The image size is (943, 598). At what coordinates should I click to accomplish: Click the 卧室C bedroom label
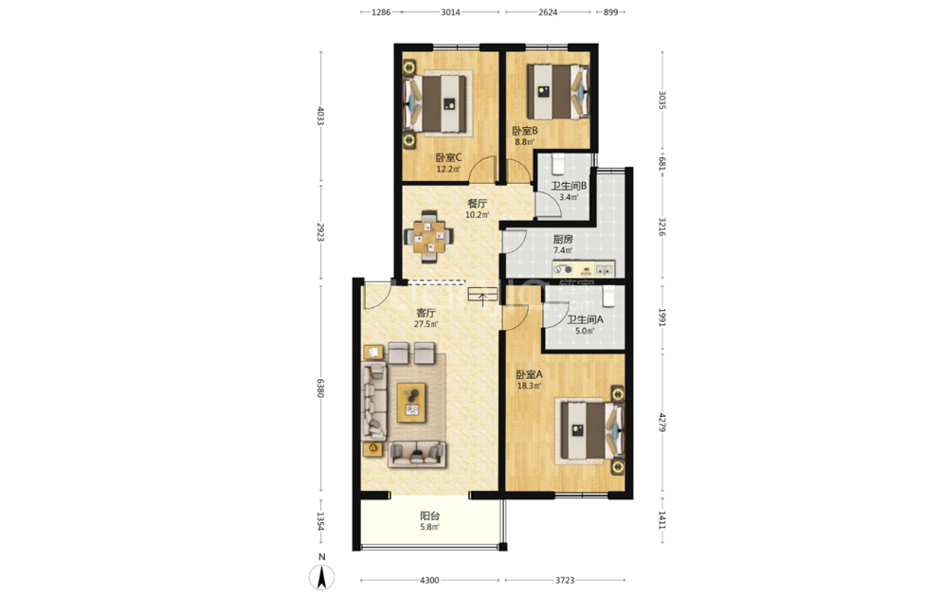coord(448,158)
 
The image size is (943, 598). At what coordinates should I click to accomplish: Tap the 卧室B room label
coord(524,131)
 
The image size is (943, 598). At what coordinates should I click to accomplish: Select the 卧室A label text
coord(529,374)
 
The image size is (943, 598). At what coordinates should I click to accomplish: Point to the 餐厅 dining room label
coord(477,204)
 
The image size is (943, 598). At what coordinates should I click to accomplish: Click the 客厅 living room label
coord(426,313)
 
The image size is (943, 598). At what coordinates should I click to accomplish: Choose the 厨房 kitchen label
coord(563,239)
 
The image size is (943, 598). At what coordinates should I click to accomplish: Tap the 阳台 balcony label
coord(429,516)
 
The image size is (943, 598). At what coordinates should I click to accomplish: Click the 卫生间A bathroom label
coord(585,319)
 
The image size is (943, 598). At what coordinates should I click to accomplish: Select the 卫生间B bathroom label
coord(569,186)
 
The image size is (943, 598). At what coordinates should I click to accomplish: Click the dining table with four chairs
coord(428,236)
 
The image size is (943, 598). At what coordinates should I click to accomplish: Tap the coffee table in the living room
coord(412,403)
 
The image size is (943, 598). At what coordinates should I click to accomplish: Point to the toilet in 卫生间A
coord(608,296)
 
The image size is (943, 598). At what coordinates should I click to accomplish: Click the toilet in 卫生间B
coord(559,164)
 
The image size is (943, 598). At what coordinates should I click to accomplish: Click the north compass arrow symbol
coord(321,577)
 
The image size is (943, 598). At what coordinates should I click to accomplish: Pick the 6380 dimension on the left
coord(320,388)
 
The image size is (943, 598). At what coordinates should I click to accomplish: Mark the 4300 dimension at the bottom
coord(429,581)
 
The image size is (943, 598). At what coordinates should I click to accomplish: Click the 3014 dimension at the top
coord(450,12)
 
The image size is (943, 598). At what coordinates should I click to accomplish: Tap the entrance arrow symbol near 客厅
coord(482,297)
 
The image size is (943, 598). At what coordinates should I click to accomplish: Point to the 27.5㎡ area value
coord(426,324)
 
